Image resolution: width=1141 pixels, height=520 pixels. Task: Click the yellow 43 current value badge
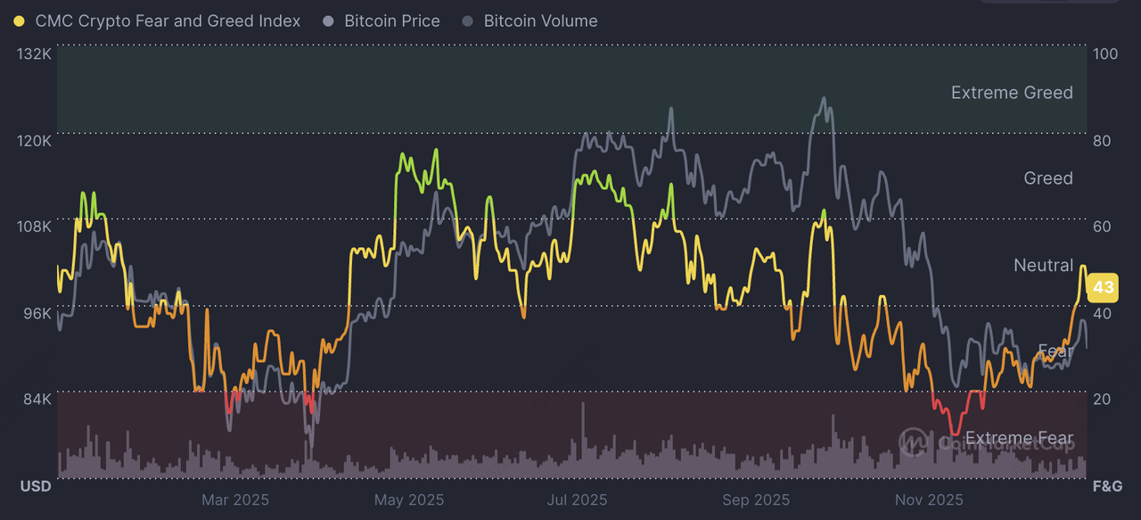(x=1104, y=287)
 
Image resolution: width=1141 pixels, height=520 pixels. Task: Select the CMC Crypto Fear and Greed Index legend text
(x=168, y=21)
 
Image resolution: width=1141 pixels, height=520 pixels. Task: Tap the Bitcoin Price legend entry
(x=392, y=21)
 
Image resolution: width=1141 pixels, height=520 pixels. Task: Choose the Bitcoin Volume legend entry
(x=540, y=21)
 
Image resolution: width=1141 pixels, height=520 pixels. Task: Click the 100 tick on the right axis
(x=1105, y=54)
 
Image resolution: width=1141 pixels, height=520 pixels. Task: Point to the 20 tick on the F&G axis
(x=1102, y=399)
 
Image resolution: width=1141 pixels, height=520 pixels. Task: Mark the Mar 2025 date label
(x=234, y=499)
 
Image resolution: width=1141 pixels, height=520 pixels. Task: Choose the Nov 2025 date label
(x=928, y=499)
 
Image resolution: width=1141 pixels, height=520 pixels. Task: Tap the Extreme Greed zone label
(x=1012, y=93)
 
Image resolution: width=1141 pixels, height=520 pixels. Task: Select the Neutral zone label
(x=1043, y=265)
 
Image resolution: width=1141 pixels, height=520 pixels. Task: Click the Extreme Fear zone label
(x=1019, y=438)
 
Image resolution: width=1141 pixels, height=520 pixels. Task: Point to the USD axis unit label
(x=36, y=486)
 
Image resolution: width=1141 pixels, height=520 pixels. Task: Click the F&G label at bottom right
(x=1107, y=486)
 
